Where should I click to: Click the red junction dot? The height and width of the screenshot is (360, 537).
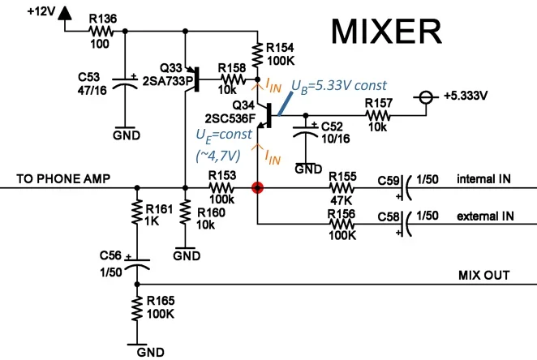click(257, 188)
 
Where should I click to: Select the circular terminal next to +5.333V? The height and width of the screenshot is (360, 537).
click(423, 95)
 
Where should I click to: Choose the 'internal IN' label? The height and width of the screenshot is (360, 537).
click(483, 178)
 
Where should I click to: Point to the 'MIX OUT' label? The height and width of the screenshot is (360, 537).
click(486, 275)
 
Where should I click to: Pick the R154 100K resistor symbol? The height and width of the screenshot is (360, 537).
click(257, 54)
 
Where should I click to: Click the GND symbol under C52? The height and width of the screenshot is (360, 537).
click(307, 169)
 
